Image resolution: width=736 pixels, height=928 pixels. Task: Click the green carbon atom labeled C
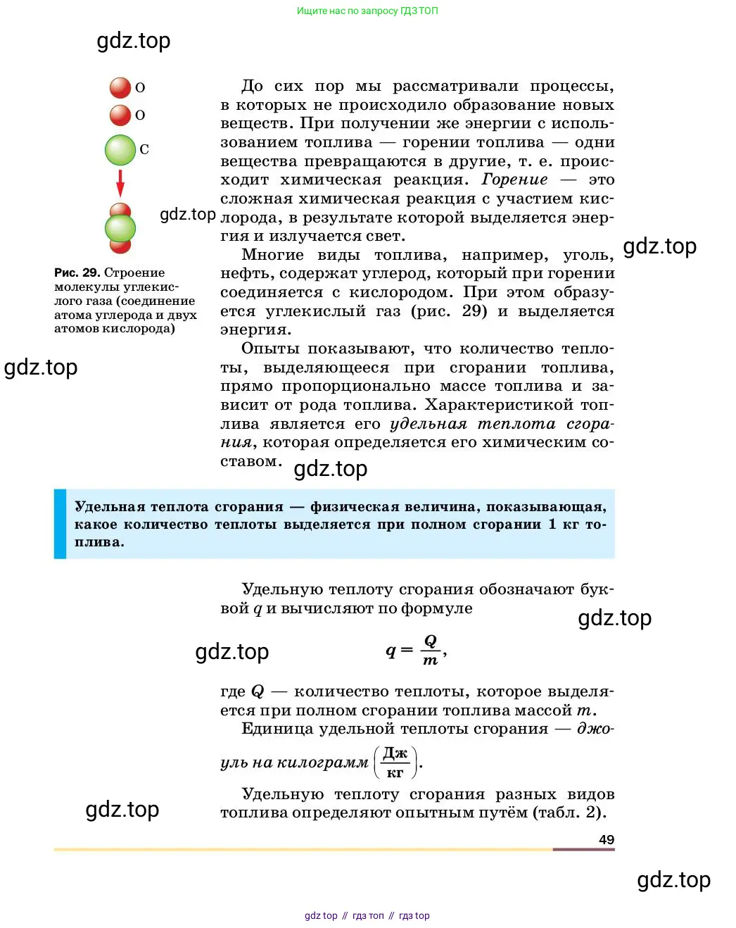120,150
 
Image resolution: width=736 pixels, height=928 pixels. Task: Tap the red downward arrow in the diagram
120,183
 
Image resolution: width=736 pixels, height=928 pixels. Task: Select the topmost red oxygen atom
120,88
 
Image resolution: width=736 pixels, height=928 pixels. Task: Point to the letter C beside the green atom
144,149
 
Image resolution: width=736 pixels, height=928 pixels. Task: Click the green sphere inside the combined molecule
120,228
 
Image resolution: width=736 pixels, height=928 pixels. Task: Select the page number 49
606,839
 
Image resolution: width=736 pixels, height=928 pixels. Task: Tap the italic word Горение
514,180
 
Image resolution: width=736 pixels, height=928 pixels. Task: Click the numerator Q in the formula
430,641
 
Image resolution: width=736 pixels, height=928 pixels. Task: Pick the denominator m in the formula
430,660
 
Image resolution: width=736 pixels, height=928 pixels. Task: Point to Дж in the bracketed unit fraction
395,753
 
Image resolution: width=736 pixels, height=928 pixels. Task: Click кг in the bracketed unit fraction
395,772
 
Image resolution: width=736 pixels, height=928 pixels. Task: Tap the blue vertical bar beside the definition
60,524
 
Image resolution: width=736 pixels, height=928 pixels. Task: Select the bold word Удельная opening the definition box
109,506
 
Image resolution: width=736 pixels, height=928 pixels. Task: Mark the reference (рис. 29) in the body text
449,311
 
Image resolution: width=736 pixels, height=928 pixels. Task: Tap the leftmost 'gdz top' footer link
321,915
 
